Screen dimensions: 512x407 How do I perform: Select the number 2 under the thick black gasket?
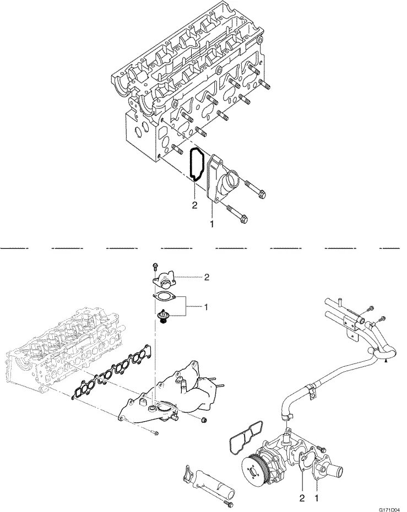194,206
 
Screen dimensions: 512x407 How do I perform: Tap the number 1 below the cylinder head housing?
213,224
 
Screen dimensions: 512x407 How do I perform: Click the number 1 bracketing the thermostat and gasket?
205,305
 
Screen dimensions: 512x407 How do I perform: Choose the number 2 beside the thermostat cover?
206,278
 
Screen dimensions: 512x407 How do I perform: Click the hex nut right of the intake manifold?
204,421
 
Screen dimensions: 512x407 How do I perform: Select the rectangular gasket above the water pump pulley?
245,435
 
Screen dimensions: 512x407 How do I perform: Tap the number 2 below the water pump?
302,499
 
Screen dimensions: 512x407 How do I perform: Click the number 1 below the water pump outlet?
316,499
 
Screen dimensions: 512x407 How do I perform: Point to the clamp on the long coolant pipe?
311,388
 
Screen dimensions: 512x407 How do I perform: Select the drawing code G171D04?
389,509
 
